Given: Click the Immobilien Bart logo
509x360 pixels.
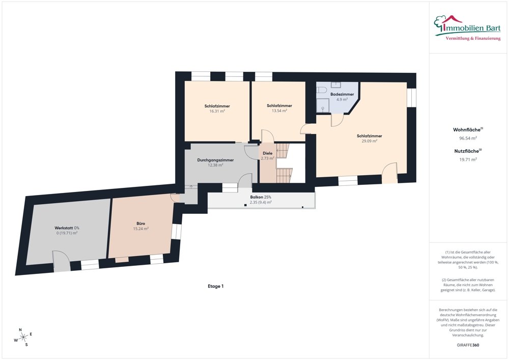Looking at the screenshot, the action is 467,27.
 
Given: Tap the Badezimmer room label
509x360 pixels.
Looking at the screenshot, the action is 342,94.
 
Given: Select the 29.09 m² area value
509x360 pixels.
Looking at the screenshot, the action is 370,141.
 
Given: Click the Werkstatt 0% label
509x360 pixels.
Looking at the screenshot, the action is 67,228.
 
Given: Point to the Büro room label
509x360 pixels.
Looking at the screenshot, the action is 141,224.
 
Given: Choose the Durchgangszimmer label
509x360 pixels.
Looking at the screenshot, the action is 215,160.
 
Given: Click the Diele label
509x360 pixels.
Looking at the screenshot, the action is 268,153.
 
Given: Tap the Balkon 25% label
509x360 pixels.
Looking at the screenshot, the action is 261,197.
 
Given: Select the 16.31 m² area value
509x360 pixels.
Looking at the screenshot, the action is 217,111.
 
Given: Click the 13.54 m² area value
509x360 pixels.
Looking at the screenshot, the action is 279,110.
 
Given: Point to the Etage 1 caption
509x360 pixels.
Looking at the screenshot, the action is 215,286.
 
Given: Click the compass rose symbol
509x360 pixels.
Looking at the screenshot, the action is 23,338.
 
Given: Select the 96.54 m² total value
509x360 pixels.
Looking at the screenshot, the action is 468,138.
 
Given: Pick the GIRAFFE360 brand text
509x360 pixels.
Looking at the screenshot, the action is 468,345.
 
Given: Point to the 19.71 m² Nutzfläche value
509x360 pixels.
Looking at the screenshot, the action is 468,159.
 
